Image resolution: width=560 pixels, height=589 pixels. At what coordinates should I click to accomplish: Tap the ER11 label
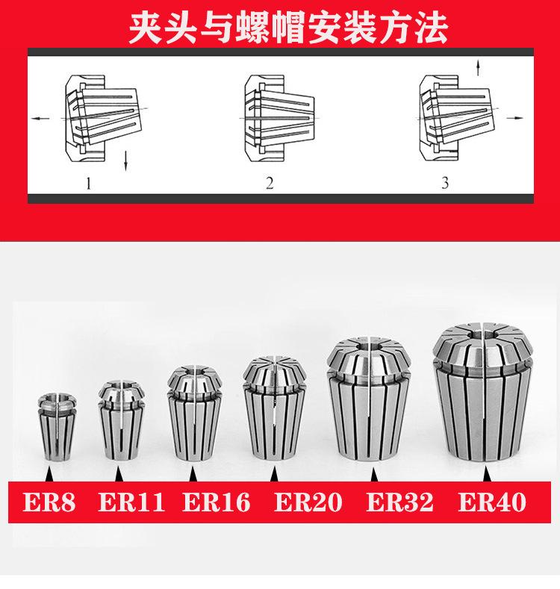[131, 502]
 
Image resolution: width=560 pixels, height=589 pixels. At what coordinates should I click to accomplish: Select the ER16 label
[216, 502]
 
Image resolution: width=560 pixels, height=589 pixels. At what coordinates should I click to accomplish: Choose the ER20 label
[308, 502]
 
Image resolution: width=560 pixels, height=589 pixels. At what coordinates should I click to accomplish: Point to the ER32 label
[399, 502]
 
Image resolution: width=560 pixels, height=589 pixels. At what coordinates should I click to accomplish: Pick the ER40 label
[491, 502]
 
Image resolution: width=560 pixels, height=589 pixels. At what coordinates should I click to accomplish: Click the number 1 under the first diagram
[89, 182]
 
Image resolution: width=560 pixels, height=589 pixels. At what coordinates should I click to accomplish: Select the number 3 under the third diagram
[445, 182]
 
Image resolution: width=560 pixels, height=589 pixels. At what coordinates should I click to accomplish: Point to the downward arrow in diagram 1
[128, 159]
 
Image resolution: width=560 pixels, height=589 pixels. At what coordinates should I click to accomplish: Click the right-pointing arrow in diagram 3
[514, 118]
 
